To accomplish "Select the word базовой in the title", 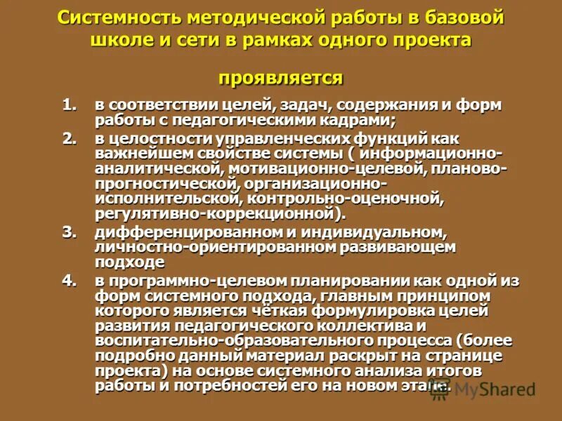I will pyautogui.click(x=466, y=18).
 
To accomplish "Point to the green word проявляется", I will pyautogui.click(x=280, y=76).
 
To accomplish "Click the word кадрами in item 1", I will pyautogui.click(x=358, y=121).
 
